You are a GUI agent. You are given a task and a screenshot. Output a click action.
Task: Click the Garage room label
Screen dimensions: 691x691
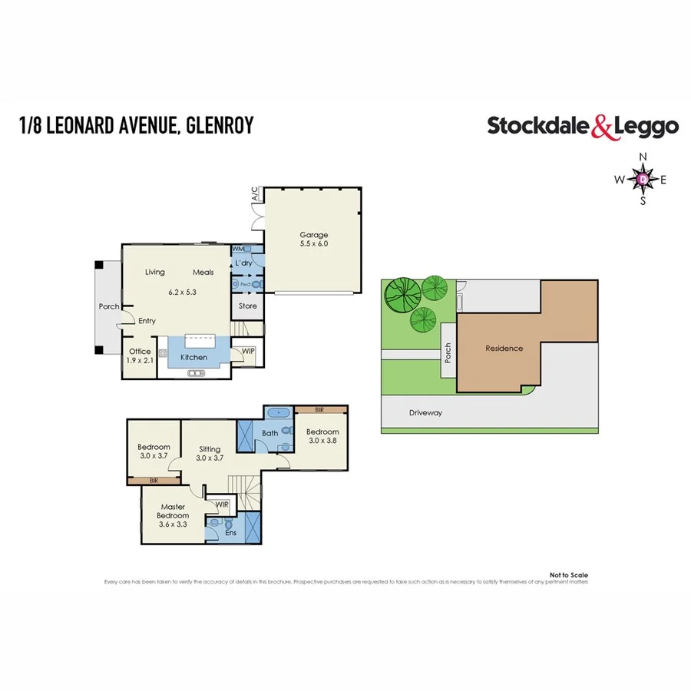coord(314,235)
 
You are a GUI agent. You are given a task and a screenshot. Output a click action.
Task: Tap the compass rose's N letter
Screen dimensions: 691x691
coord(643,158)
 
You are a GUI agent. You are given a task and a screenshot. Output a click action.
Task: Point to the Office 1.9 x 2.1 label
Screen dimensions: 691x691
coord(140,355)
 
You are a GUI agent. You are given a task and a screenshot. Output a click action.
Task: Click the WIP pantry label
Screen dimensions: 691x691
coord(248,351)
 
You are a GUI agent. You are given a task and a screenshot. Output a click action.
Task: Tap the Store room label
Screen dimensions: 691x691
coord(247,306)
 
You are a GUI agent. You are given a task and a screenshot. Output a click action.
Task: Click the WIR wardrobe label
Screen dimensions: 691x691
coord(222,504)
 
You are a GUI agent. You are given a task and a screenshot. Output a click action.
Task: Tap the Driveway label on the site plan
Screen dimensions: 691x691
coord(425,412)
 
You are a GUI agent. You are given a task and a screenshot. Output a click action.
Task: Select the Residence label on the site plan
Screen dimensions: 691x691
coord(504,348)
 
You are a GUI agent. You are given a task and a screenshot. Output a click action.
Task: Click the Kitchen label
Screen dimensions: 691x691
coord(193,357)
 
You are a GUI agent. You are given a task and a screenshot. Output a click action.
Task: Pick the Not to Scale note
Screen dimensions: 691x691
coord(569,574)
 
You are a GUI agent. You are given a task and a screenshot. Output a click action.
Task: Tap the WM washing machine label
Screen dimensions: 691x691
coord(238,250)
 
